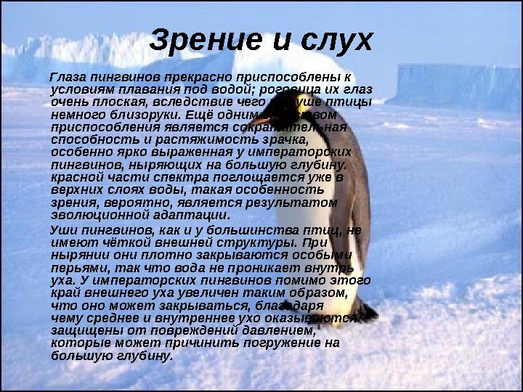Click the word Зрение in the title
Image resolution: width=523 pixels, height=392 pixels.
click(x=201, y=41)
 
